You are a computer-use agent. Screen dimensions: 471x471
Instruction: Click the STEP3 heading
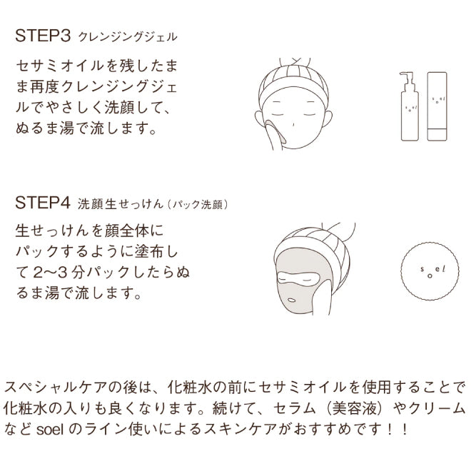coord(43,36)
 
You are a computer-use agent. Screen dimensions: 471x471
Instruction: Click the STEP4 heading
coord(43,203)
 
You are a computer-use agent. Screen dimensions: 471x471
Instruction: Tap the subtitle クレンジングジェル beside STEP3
coord(128,37)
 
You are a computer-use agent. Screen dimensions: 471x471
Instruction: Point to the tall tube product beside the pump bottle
coord(437,106)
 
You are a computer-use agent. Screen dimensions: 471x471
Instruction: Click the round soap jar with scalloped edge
coord(430,271)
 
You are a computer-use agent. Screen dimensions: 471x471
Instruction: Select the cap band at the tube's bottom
coord(437,134)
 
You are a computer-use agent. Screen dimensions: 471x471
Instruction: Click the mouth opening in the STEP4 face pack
coord(292,300)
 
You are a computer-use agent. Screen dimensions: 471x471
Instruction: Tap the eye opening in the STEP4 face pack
coord(298,278)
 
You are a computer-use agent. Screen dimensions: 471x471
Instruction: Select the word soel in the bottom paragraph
coord(50,430)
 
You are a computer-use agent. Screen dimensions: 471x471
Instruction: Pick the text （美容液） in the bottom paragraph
coord(355,408)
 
